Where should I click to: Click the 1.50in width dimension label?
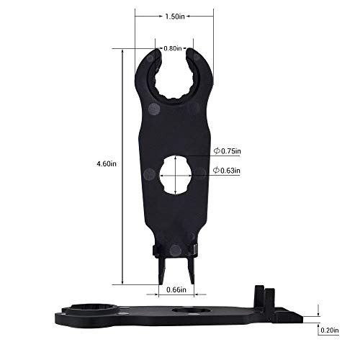point(171,15)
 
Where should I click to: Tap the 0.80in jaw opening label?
point(172,48)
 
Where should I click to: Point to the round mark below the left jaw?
point(153,109)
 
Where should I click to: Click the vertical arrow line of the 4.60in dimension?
point(124,163)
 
